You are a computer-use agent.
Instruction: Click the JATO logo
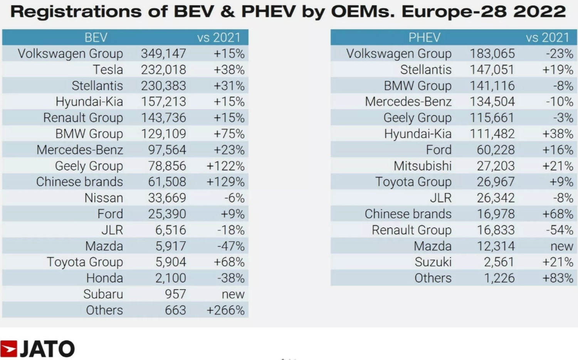[37, 348]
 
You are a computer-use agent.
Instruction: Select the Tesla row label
[108, 70]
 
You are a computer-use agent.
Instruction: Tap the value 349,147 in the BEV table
[163, 54]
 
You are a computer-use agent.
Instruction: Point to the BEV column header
[96, 38]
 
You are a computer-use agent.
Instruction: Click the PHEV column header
[424, 38]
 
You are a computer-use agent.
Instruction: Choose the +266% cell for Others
[225, 310]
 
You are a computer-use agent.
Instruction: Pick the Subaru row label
[103, 294]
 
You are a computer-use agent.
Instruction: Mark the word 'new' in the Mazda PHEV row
[561, 246]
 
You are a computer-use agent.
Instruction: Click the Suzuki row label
[433, 262]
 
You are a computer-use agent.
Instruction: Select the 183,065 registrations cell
[492, 54]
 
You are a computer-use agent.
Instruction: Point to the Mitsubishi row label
[422, 166]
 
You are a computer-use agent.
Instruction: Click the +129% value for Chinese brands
[225, 182]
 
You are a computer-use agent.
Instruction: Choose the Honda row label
[104, 278]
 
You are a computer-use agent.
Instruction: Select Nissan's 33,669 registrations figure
[167, 198]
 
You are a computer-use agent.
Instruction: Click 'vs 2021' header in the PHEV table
[547, 38]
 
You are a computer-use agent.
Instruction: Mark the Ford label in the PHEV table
[439, 150]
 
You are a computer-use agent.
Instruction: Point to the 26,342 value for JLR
[496, 198]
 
